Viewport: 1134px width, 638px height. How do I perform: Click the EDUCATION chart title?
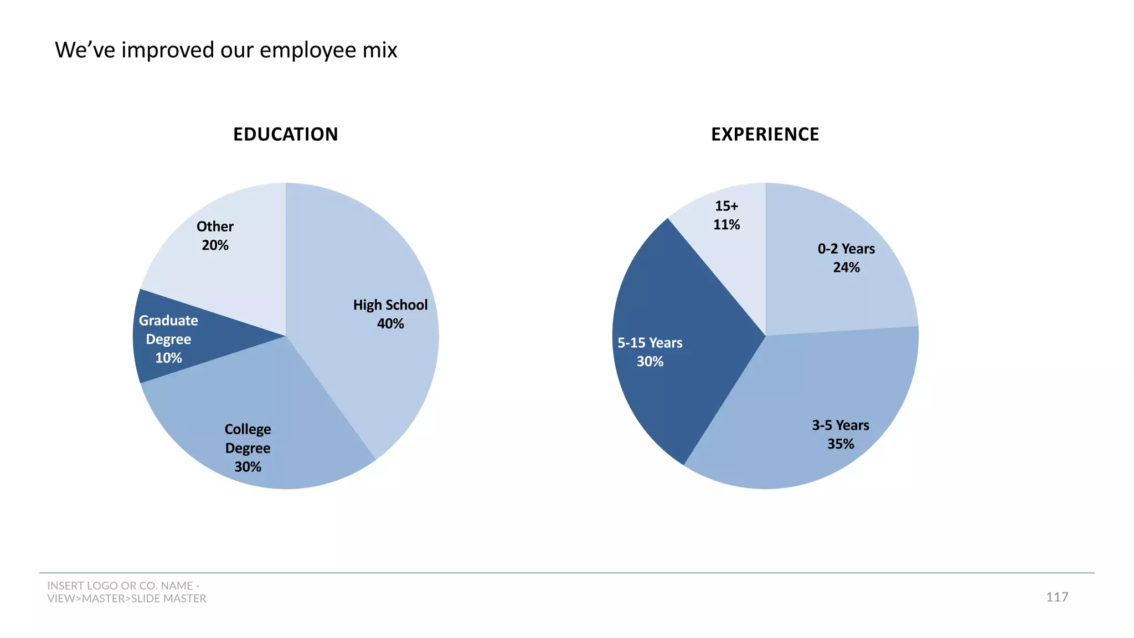[x=285, y=134]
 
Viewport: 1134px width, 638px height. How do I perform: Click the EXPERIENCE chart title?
[x=765, y=134]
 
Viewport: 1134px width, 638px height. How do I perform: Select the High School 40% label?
[x=390, y=314]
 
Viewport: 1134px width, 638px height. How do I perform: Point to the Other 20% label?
[x=215, y=235]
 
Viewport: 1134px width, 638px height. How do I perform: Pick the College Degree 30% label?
[x=248, y=447]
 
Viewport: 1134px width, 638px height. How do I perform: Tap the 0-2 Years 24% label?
[x=846, y=258]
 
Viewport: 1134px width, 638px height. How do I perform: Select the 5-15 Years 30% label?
[x=650, y=352]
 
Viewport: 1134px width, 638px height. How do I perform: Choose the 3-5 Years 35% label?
[x=840, y=434]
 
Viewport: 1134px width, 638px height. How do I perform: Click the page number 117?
[x=1056, y=597]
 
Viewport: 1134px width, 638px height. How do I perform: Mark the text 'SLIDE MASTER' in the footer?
[x=168, y=599]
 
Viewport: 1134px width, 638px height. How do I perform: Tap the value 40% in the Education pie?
[x=390, y=323]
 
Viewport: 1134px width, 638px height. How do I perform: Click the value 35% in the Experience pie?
[x=840, y=444]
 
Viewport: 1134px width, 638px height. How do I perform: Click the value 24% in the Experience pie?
[x=846, y=267]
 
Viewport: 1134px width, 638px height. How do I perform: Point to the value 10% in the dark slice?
[x=168, y=358]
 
